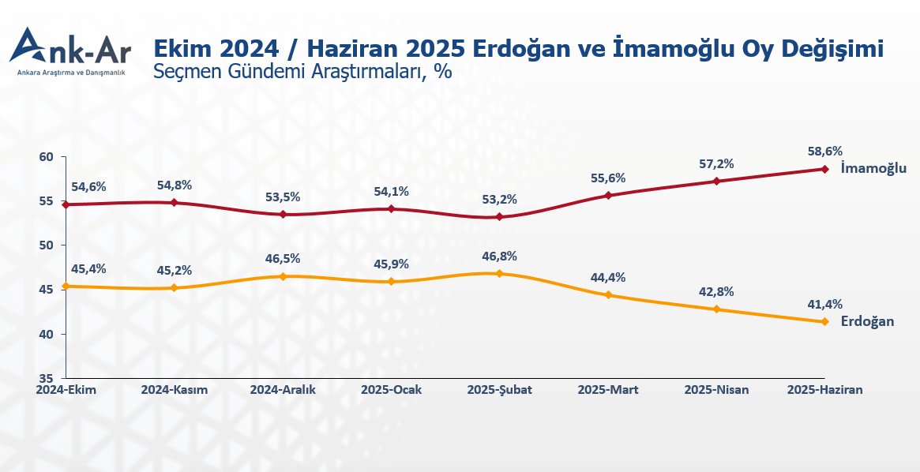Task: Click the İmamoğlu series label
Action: (873, 168)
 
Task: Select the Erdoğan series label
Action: (867, 321)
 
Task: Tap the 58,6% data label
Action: (824, 152)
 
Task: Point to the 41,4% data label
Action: (824, 304)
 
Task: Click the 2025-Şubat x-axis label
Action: (499, 390)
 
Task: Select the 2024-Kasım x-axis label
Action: (174, 390)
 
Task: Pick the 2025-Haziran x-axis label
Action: (826, 390)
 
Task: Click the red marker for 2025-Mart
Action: (608, 195)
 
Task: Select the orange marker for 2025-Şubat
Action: (499, 273)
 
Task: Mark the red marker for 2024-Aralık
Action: (283, 214)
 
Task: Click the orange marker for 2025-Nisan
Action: (716, 309)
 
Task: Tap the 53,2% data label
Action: (499, 199)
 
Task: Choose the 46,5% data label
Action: (283, 259)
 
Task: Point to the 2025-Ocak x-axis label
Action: (391, 390)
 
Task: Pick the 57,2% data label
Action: (716, 164)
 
